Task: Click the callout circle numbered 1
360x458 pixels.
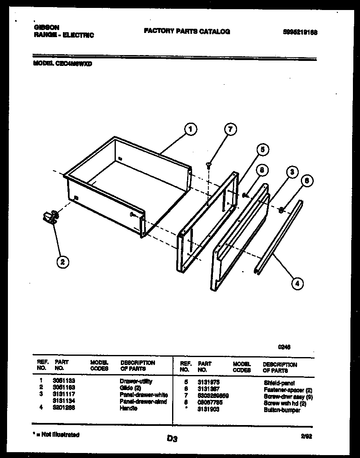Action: pyautogui.click(x=190, y=129)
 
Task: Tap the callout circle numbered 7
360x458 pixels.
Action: pyautogui.click(x=230, y=129)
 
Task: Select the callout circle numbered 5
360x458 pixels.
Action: pyautogui.click(x=262, y=149)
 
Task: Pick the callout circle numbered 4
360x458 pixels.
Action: pyautogui.click(x=296, y=284)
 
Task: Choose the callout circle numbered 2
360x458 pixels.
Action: pyautogui.click(x=62, y=262)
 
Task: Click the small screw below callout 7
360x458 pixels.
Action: pyautogui.click(x=208, y=165)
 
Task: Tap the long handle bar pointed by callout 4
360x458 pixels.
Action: pyautogui.click(x=278, y=237)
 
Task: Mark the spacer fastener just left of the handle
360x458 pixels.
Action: pyautogui.click(x=281, y=209)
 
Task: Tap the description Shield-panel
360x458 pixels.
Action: pyautogui.click(x=279, y=383)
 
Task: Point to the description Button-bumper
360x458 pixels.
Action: pyautogui.click(x=282, y=410)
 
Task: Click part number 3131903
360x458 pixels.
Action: pyautogui.click(x=208, y=409)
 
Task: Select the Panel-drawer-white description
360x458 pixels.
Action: pyautogui.click(x=143, y=395)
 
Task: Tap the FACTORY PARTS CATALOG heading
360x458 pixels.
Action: pyautogui.click(x=187, y=31)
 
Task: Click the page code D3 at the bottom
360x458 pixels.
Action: pyautogui.click(x=172, y=438)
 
